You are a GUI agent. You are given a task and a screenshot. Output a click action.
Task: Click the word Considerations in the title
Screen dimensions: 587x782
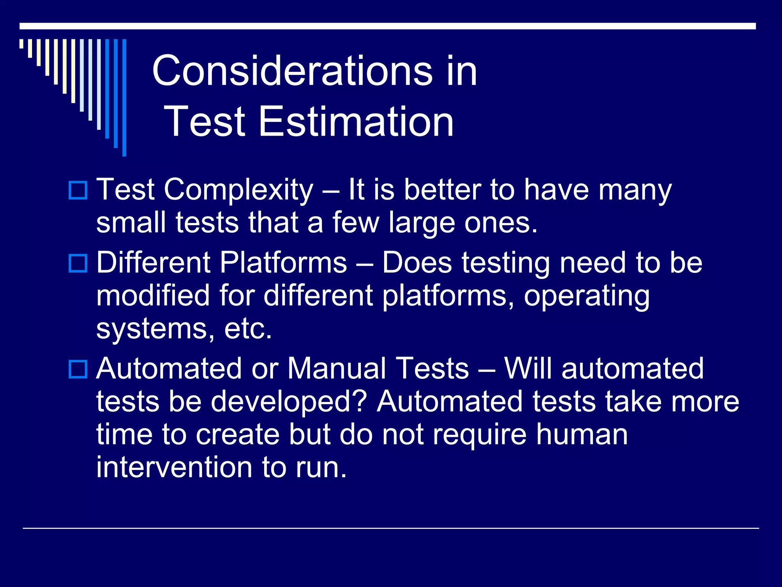pos(292,71)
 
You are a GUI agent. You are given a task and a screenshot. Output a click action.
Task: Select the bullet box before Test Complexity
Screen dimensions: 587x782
pos(78,190)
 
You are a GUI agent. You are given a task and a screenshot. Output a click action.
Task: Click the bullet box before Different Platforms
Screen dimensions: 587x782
pos(78,263)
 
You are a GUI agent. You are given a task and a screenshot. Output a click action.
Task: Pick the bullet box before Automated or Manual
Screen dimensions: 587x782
pos(78,369)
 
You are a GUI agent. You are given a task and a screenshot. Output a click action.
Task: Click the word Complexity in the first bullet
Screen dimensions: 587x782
pos(239,190)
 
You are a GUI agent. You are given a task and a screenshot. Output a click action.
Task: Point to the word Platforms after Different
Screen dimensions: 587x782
pos(283,263)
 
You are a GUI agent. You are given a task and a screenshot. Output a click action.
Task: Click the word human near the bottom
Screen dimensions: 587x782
pos(582,435)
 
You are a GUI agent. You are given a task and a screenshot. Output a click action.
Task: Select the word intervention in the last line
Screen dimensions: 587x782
pos(174,467)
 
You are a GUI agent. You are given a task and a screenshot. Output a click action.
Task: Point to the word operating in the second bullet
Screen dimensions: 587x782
pos(586,296)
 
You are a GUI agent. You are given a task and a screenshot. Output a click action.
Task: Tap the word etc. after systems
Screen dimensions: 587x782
pos(248,329)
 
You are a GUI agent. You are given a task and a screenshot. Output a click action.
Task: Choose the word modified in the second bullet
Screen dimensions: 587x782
pos(153,296)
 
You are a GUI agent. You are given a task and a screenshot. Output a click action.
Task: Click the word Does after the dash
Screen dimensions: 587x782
pos(417,263)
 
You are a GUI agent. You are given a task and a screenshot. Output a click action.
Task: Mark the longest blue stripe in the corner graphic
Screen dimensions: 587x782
pos(124,97)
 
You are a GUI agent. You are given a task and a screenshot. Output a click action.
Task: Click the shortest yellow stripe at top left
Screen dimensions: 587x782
pos(21,44)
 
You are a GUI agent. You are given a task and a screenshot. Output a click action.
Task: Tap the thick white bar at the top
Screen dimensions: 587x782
pos(387,26)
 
